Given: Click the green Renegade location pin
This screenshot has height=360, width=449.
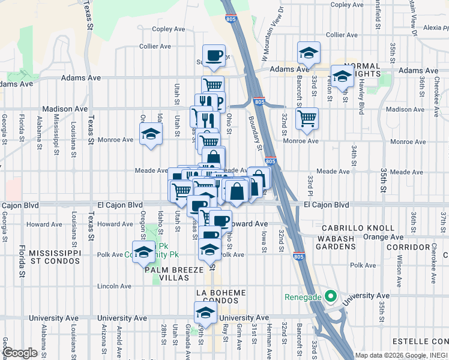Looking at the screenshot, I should (x=330, y=296).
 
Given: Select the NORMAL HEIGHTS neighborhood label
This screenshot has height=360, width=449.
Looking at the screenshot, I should (x=362, y=70).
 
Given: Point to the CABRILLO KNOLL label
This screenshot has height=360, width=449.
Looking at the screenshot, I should (x=357, y=228).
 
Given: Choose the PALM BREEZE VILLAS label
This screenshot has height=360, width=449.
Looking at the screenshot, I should (x=176, y=275).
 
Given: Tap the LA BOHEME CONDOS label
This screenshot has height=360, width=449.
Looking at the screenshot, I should (x=221, y=296).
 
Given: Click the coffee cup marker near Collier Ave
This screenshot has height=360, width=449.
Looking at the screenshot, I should (x=214, y=56).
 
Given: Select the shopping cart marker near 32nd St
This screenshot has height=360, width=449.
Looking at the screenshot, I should (x=307, y=118).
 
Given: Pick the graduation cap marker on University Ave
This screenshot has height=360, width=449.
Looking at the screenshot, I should (x=205, y=313).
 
